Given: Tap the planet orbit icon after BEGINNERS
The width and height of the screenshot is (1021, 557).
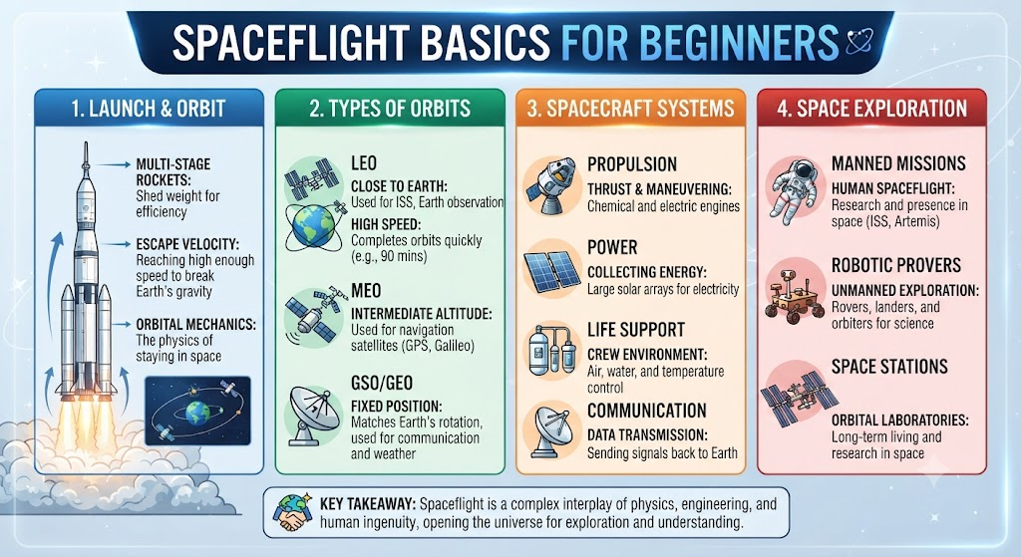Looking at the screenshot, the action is click(859, 41).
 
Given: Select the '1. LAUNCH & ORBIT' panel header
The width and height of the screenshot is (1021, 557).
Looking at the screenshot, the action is click(150, 108).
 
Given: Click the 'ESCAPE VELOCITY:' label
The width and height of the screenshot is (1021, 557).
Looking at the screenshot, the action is click(187, 245).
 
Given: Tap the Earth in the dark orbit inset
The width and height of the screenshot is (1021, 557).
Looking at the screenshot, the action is click(198, 412).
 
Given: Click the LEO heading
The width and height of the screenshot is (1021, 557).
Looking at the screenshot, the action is click(363, 163).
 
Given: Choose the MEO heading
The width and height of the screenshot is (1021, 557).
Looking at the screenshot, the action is click(366, 290).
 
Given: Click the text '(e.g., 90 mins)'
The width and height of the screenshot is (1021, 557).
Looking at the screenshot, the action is click(389, 256).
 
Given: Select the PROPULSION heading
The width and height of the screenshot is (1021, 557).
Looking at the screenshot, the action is click(631, 164).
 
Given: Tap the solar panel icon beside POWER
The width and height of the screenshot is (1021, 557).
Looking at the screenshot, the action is click(552, 269).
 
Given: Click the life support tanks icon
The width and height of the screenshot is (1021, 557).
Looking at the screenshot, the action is click(552, 351).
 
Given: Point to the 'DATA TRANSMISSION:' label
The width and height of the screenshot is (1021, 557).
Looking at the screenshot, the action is click(646, 434).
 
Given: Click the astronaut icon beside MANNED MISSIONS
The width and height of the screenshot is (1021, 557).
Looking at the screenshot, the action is click(792, 190).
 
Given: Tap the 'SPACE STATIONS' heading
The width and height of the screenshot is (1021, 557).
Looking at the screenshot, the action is click(889, 367).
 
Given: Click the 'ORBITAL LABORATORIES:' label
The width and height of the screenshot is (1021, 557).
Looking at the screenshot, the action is click(900, 420).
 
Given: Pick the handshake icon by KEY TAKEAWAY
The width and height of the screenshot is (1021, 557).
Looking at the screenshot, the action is click(294, 513).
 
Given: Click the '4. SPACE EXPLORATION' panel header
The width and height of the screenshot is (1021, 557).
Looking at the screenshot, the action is click(871, 108).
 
